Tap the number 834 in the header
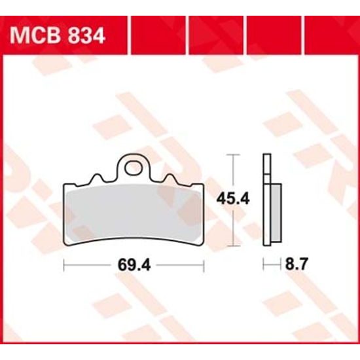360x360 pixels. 85,35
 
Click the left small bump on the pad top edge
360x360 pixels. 98,177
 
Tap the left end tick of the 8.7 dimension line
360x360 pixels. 263,264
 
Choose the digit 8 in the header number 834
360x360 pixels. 73,35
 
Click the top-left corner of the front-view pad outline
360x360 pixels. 64,185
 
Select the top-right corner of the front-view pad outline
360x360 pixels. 204,185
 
